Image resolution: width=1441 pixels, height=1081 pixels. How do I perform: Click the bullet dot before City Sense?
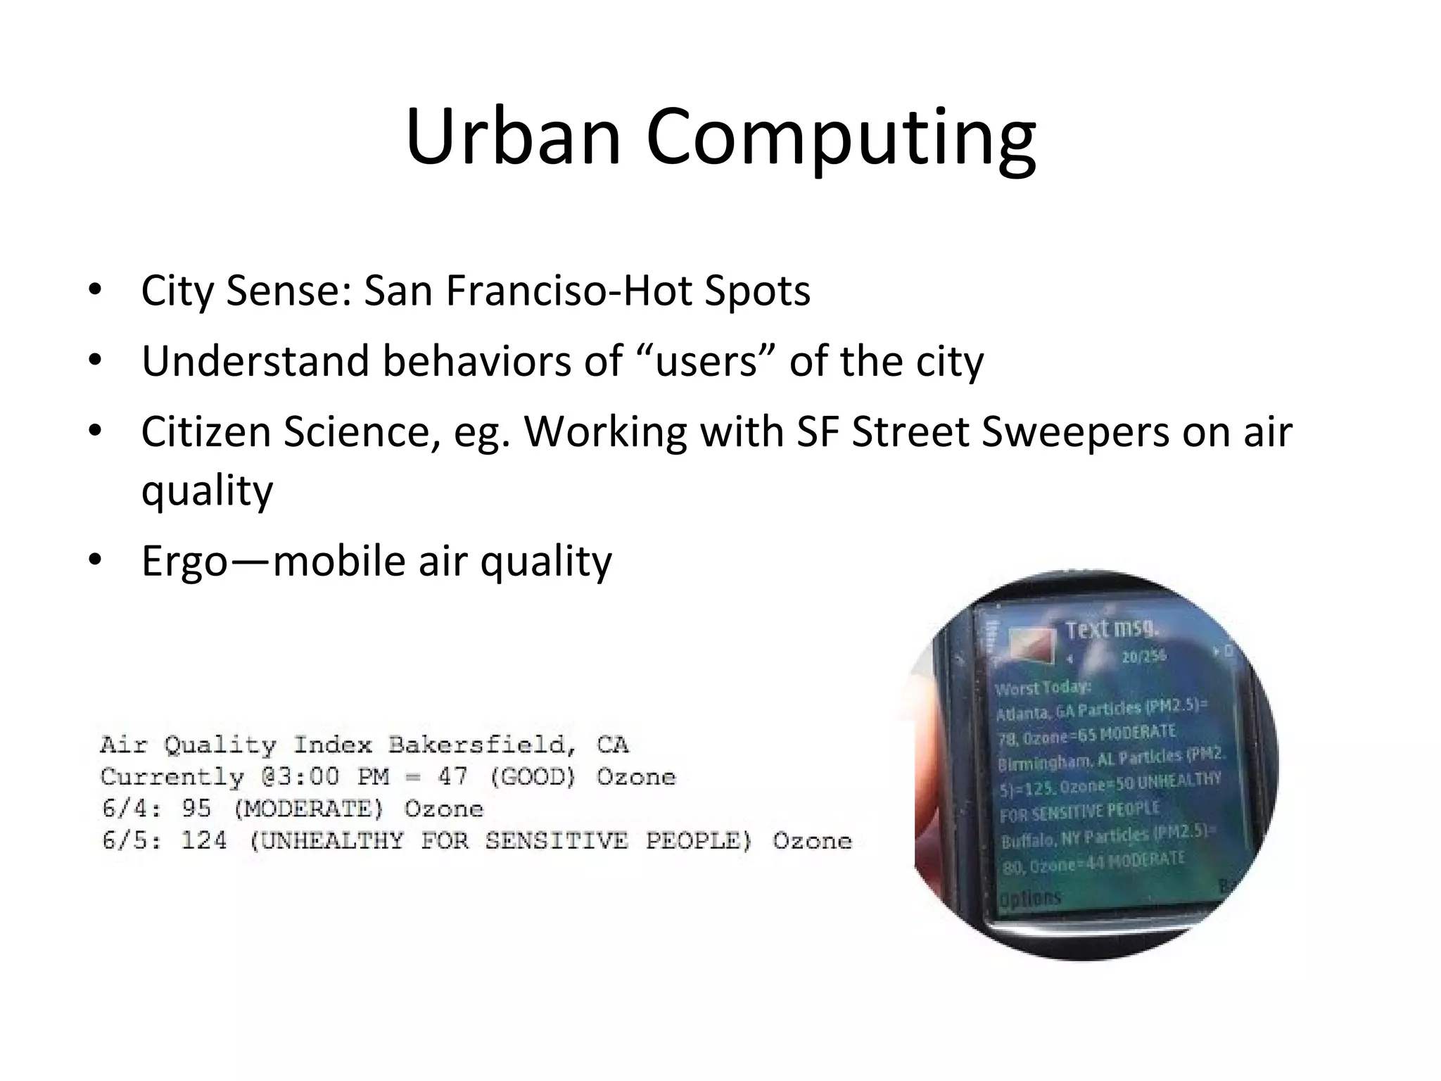point(96,290)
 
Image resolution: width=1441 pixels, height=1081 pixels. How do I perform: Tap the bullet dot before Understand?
point(96,361)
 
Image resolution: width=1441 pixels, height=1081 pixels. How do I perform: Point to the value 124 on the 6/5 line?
point(204,840)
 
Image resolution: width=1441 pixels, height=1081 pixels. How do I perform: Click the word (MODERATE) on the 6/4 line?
point(308,809)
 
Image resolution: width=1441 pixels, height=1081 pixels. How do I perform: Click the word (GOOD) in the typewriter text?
point(533,776)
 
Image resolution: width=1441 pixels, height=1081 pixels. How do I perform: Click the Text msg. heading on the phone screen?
point(1112,628)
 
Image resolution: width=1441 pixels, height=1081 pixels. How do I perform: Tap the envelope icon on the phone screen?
point(1032,644)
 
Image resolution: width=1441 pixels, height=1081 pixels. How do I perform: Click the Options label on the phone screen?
point(1030,899)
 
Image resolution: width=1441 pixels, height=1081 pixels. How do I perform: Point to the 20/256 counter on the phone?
point(1144,656)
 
